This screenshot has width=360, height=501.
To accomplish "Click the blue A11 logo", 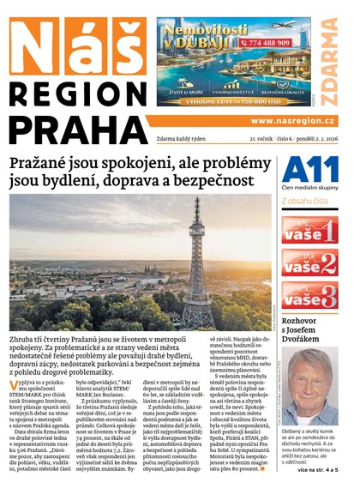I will tap(306, 169).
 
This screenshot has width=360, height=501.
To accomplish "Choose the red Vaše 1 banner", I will tap(309, 230).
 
